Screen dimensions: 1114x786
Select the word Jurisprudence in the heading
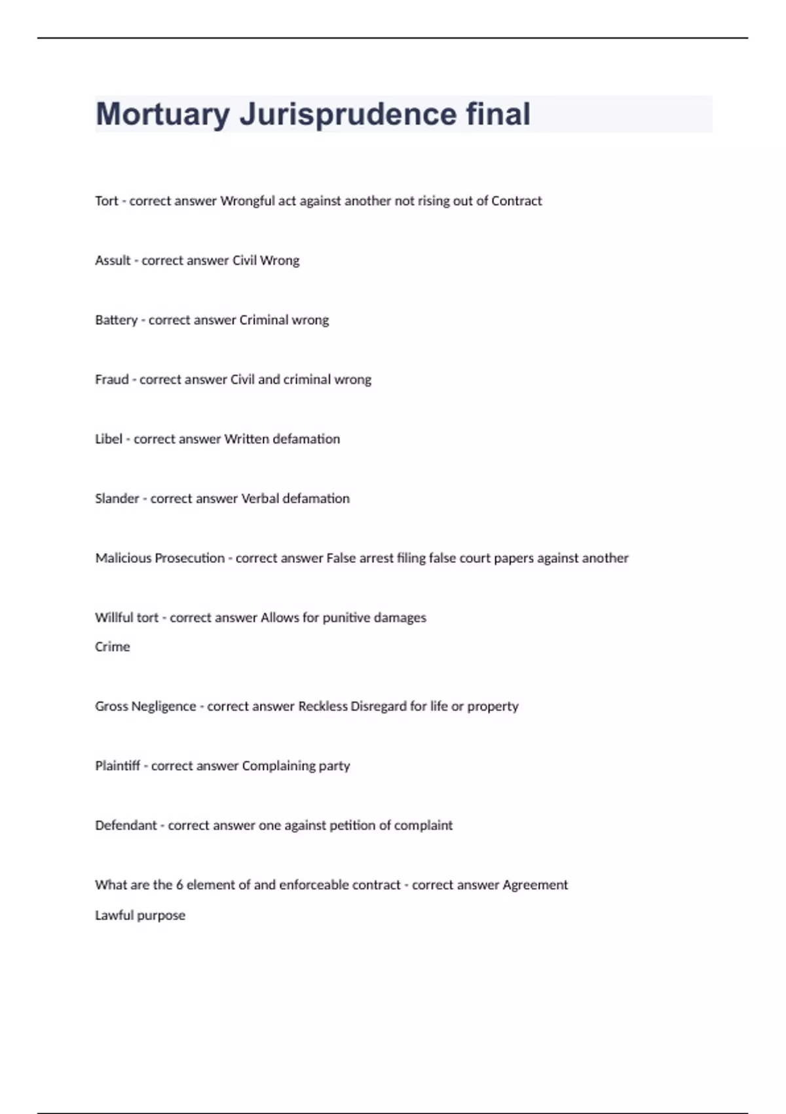tap(348, 115)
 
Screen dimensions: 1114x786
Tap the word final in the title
tap(498, 115)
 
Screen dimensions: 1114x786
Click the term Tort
tap(107, 201)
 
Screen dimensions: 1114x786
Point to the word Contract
tap(516, 201)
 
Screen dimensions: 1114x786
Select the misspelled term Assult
tap(113, 261)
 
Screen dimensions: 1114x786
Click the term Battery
tap(116, 320)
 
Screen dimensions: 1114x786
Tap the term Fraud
tap(111, 380)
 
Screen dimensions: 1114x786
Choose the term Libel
tap(109, 439)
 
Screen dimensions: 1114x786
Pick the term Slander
tap(117, 499)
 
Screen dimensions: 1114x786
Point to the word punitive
tap(346, 618)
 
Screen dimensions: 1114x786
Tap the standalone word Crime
tap(112, 647)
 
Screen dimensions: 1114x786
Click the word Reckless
tap(323, 706)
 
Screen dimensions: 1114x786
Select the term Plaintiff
tap(117, 766)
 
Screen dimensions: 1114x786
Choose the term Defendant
tap(126, 826)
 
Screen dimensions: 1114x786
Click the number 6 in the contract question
tap(179, 885)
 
